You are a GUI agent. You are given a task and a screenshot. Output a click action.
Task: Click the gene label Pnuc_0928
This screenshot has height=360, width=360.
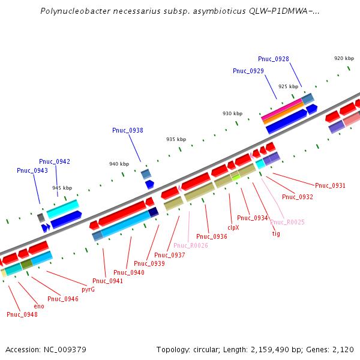pyautogui.click(x=274, y=59)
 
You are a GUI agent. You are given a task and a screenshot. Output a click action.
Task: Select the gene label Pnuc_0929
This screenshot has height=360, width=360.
pyautogui.click(x=248, y=71)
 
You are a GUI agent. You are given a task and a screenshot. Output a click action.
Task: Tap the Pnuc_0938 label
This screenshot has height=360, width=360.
pyautogui.click(x=128, y=130)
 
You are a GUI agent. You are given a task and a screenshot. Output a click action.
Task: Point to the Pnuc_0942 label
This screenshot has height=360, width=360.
pyautogui.click(x=55, y=161)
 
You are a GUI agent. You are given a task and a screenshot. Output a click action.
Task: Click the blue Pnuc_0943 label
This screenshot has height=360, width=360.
pyautogui.click(x=32, y=170)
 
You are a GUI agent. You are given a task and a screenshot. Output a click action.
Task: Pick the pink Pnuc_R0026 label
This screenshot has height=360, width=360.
pyautogui.click(x=191, y=245)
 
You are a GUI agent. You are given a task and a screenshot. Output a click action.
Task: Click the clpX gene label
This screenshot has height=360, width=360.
pyautogui.click(x=233, y=228)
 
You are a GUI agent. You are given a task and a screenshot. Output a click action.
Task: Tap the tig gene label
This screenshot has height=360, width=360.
pyautogui.click(x=276, y=233)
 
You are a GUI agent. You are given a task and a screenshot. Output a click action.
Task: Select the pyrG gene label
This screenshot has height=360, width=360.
pyautogui.click(x=88, y=289)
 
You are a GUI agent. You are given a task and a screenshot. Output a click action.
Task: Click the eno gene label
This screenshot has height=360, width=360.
pyautogui.click(x=39, y=306)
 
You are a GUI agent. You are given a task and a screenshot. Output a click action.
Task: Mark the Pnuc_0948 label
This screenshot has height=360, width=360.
pyautogui.click(x=22, y=314)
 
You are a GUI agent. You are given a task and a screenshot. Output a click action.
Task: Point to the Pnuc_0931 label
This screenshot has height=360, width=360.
pyautogui.click(x=331, y=185)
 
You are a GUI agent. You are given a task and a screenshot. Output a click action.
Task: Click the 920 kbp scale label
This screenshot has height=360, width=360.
pyautogui.click(x=344, y=58)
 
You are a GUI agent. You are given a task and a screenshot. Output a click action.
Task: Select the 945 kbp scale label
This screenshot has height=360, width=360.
pyautogui.click(x=62, y=188)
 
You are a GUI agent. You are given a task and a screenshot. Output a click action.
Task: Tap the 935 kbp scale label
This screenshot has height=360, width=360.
pyautogui.click(x=176, y=139)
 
